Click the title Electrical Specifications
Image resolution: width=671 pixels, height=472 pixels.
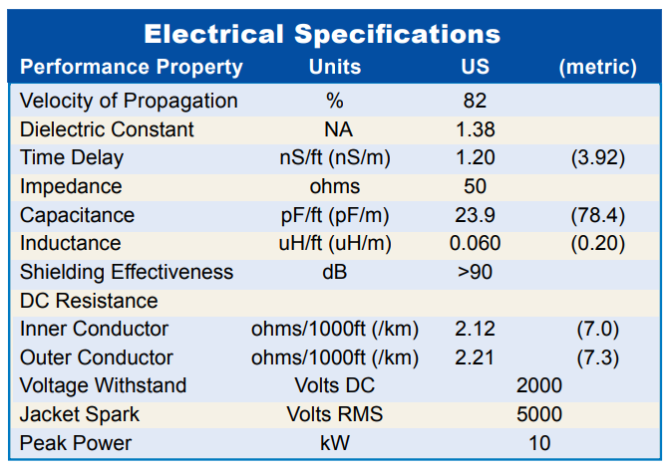(322, 34)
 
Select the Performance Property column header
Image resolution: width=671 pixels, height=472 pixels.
(132, 67)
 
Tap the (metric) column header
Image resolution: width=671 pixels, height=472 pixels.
(598, 67)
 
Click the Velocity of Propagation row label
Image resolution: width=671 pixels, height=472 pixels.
(129, 102)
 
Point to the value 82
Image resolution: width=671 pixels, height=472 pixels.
(475, 101)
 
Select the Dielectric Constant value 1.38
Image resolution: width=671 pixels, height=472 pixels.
(475, 129)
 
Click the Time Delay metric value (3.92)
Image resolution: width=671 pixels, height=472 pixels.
(598, 157)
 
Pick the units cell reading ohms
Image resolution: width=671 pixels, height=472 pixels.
(335, 186)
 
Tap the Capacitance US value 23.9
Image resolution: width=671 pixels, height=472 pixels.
(475, 215)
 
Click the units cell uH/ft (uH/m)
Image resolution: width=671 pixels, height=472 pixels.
(335, 244)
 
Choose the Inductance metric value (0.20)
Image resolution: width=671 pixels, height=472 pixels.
(598, 244)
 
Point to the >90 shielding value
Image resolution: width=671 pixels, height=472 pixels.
(475, 272)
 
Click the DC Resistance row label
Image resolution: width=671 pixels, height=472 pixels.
(89, 301)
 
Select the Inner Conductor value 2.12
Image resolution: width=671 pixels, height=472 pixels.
(475, 330)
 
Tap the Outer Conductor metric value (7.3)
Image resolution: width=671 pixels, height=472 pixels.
(598, 357)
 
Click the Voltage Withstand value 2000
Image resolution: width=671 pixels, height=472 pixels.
(538, 385)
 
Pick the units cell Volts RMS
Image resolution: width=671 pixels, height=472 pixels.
(335, 414)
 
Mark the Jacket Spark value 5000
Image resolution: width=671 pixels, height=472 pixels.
(538, 414)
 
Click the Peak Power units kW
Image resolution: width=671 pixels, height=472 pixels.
(335, 443)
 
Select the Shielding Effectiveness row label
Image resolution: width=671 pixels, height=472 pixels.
(127, 272)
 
